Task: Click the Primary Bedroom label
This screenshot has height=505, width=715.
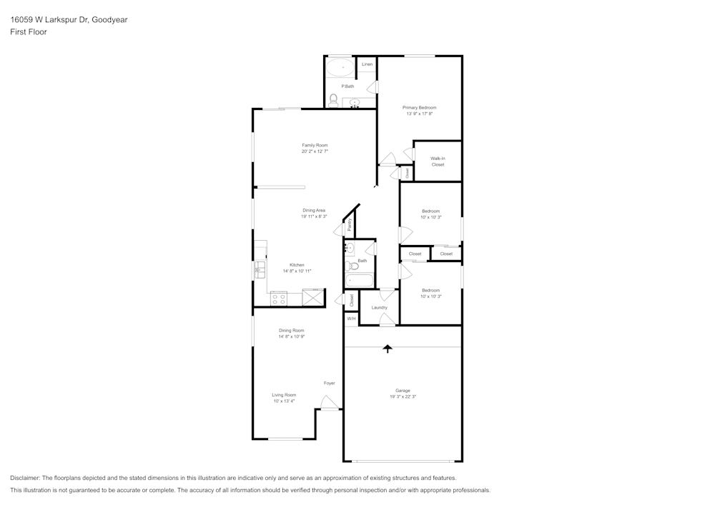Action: tap(420, 107)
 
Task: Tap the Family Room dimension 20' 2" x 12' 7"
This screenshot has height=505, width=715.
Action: tap(315, 151)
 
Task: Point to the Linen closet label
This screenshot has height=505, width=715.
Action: tap(367, 64)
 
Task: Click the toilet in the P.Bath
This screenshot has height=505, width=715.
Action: tap(333, 99)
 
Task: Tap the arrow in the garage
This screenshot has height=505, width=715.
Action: tap(388, 349)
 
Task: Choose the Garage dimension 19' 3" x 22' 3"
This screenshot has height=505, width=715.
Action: tap(403, 396)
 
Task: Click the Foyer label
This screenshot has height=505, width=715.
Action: tap(329, 383)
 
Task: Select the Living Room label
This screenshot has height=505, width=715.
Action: tap(284, 395)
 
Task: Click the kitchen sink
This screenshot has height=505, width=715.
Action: tap(260, 270)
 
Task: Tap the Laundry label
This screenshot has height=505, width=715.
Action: tap(379, 307)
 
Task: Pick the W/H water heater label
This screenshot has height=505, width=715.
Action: tap(351, 319)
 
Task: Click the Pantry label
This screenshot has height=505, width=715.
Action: tap(350, 225)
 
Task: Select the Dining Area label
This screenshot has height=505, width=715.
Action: tap(314, 210)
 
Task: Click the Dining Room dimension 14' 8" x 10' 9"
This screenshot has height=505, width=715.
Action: tap(292, 336)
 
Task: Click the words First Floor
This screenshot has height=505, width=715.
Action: tap(29, 32)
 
